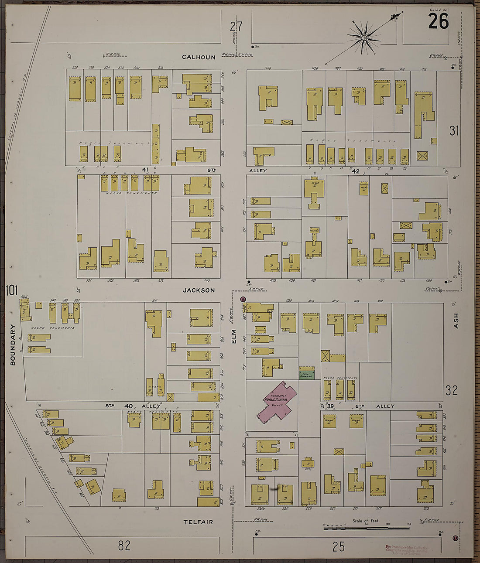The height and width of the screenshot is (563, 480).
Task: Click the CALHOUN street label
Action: (199, 57)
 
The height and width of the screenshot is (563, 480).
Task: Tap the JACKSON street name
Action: (199, 290)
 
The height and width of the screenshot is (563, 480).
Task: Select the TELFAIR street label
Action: (198, 522)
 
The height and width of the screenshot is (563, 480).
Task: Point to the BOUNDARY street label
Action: (12, 345)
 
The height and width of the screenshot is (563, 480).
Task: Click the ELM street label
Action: (233, 335)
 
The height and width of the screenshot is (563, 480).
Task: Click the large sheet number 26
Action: (438, 21)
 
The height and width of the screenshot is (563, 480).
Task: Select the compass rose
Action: (364, 38)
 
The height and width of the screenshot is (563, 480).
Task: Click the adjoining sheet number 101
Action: (11, 290)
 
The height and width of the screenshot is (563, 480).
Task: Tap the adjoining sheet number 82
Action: (124, 545)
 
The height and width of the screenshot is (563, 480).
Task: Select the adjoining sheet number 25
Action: (338, 546)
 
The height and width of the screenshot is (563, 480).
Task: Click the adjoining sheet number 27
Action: (236, 27)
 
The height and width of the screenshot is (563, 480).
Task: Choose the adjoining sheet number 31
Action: (454, 130)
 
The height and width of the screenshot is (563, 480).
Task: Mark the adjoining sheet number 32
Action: (451, 390)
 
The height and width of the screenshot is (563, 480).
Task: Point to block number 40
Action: (128, 406)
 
